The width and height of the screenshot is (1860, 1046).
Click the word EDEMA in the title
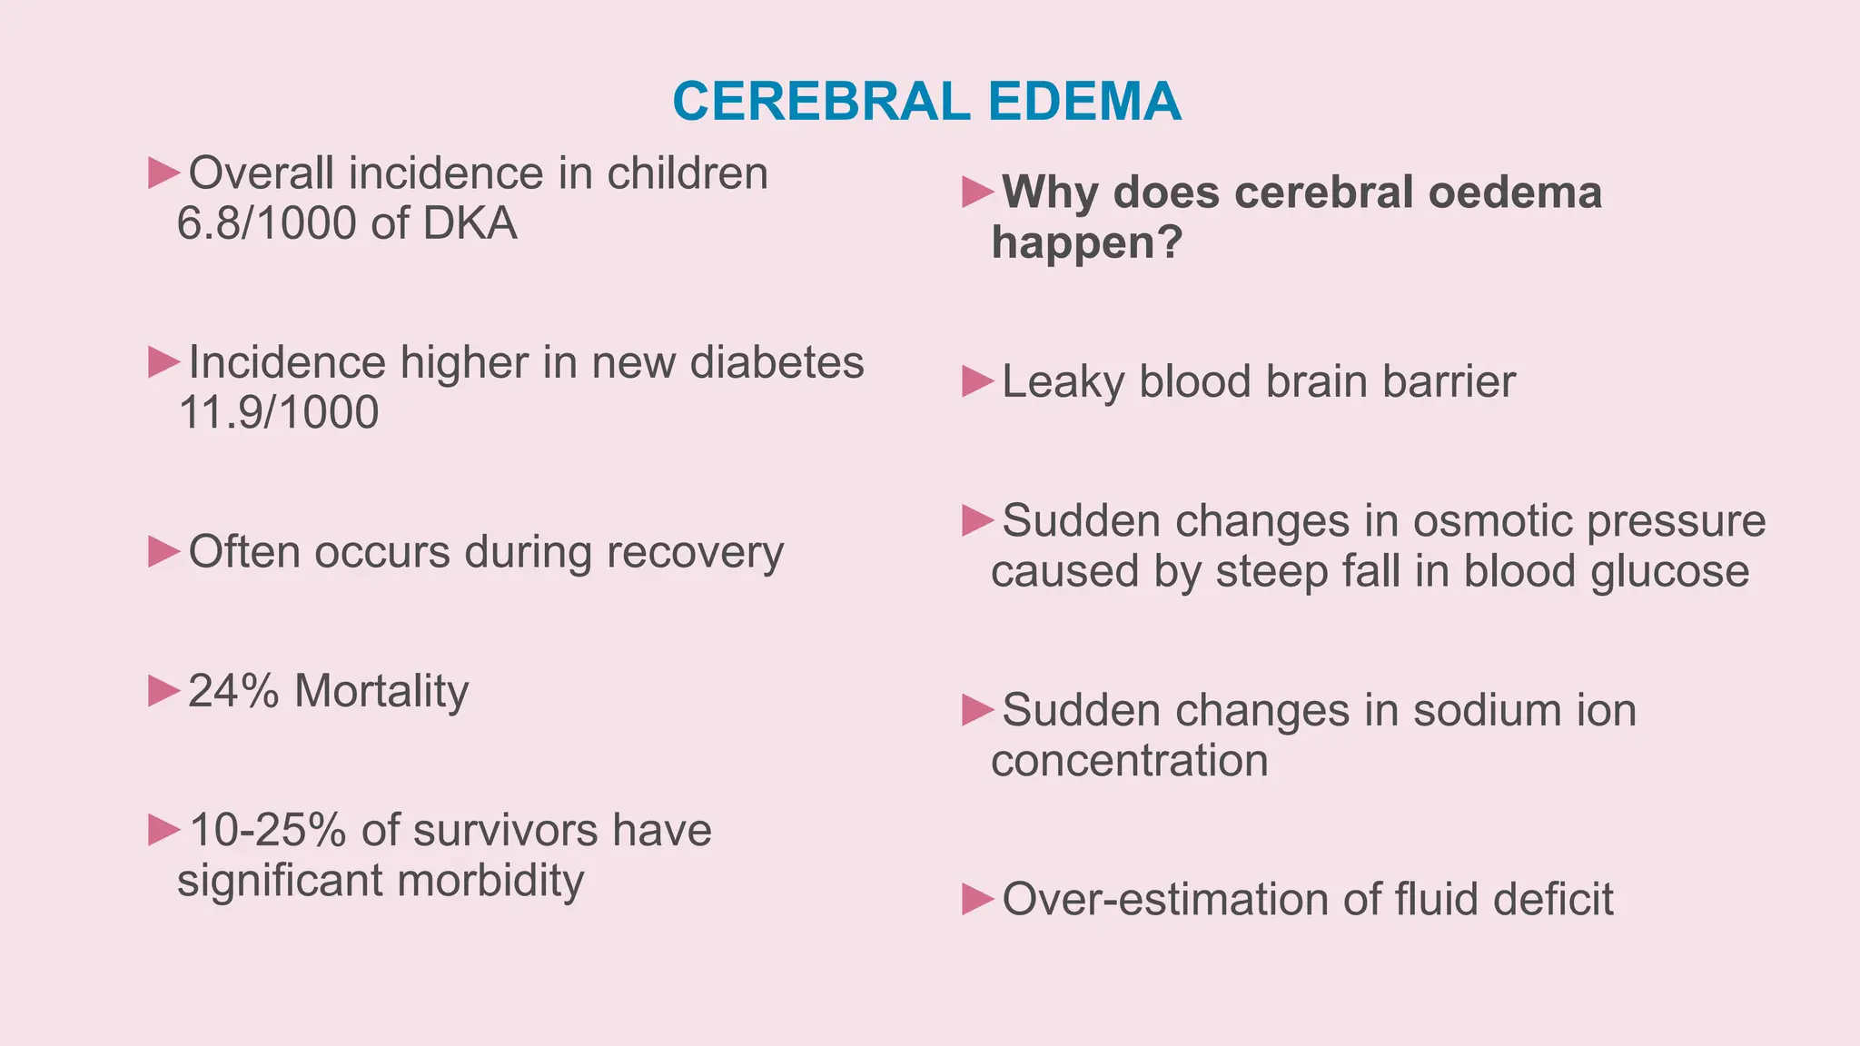[x=1084, y=102]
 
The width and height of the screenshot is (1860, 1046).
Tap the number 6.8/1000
[x=267, y=223]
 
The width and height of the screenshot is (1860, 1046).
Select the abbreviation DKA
[x=470, y=223]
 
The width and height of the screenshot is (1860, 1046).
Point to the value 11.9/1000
[x=279, y=412]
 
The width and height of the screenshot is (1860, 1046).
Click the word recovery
[x=695, y=552]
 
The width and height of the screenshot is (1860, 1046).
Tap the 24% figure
[x=233, y=691]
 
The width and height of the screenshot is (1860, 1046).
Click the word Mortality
[x=381, y=692]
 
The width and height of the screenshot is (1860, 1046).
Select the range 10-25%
[x=268, y=830]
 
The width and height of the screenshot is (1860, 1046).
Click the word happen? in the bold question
[x=1087, y=242]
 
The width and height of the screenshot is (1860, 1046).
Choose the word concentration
[x=1129, y=760]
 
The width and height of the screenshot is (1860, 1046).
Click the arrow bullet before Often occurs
[x=163, y=551]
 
